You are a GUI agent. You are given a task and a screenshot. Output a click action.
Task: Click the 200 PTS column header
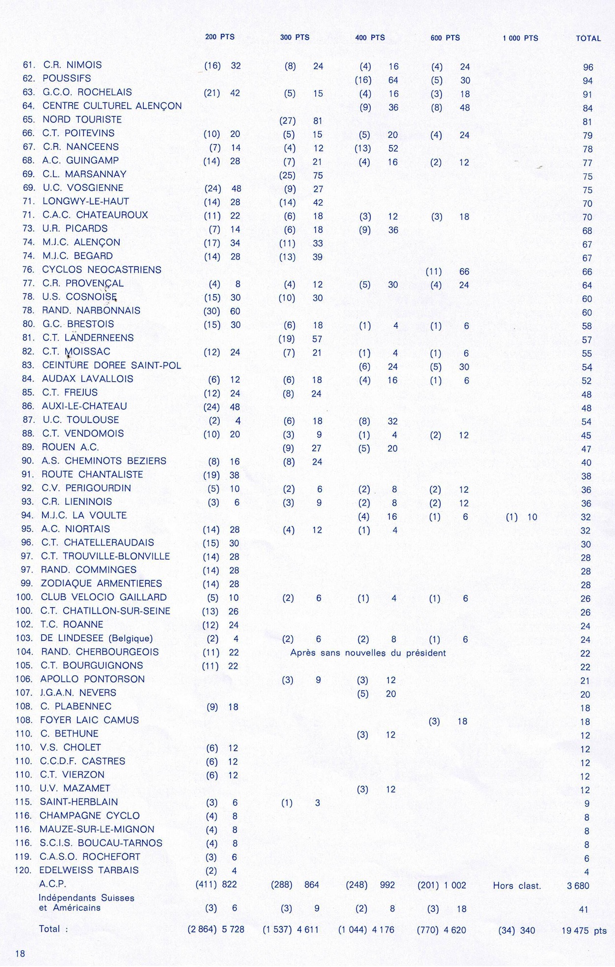pos(220,37)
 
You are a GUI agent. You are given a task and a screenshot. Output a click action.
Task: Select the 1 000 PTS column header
pos(520,38)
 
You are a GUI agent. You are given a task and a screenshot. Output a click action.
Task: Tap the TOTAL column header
pos(588,38)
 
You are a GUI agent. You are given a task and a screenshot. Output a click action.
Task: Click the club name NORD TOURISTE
pos(82,120)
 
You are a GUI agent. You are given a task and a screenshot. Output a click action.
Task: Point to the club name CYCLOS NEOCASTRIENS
pos(101,270)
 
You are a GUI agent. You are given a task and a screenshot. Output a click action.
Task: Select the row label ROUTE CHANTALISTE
pos(92,474)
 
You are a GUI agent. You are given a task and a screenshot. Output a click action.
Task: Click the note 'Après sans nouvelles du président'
pos(368,653)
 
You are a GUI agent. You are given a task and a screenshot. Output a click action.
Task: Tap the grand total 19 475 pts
pos(584,931)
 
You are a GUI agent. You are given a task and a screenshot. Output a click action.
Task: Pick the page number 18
pos(20,954)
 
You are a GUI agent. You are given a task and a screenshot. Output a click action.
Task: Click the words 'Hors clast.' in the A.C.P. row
pos(517,886)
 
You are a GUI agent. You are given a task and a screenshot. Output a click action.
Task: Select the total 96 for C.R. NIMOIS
pos(588,67)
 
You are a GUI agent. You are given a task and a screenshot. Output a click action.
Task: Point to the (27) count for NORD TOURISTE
pos(287,121)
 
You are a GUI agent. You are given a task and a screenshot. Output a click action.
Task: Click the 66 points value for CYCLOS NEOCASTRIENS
pos(464,272)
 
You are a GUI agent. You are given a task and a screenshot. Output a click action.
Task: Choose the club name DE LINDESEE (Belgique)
pos(97,638)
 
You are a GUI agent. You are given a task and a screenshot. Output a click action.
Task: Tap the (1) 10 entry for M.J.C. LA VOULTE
pos(522,517)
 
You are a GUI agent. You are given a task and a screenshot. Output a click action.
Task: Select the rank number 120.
pos(24,870)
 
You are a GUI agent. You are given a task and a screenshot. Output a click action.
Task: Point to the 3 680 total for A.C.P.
pos(578,886)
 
